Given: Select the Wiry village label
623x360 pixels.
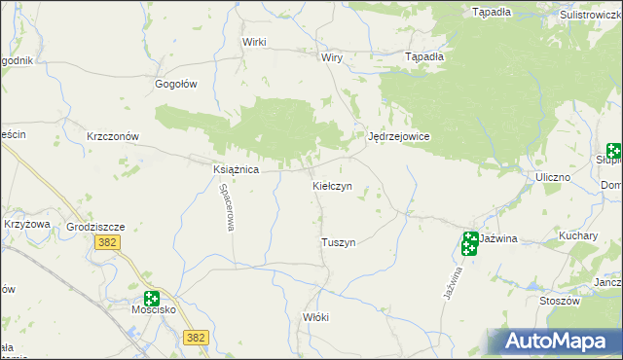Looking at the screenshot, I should click(332, 57).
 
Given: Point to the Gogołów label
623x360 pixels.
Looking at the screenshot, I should click(176, 84).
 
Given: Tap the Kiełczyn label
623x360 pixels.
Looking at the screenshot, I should click(339, 185).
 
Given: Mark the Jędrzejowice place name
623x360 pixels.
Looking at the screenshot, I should click(399, 137).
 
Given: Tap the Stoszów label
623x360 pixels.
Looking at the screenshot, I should click(559, 302).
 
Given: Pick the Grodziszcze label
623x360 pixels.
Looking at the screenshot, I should click(96, 227).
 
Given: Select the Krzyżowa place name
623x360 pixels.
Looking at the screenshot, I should click(26, 224).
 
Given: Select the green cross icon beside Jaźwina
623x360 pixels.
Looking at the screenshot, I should click(469, 242).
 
